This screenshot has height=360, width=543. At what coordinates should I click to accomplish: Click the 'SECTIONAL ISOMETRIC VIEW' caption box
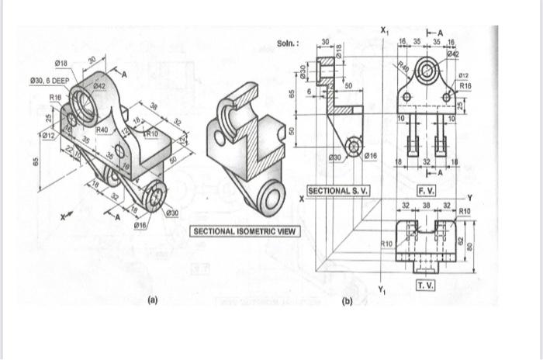coord(245,231)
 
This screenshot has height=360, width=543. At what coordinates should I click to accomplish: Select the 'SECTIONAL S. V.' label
coord(339,190)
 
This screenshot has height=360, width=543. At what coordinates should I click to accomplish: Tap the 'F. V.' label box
coord(427,190)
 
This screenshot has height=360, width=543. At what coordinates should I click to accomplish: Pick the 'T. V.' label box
coord(427,286)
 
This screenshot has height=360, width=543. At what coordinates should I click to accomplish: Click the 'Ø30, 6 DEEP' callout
coord(49,80)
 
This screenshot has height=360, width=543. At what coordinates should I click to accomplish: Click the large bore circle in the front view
coord(427,71)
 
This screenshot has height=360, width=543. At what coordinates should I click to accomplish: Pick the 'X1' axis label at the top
coord(386,29)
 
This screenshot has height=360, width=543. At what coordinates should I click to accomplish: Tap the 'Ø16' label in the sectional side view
coord(371,157)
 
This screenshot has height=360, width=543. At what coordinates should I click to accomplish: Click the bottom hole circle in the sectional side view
coord(355,146)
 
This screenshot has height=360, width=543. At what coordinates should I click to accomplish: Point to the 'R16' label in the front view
coord(465,85)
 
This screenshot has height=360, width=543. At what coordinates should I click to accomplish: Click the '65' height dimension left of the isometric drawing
coord(36,162)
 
